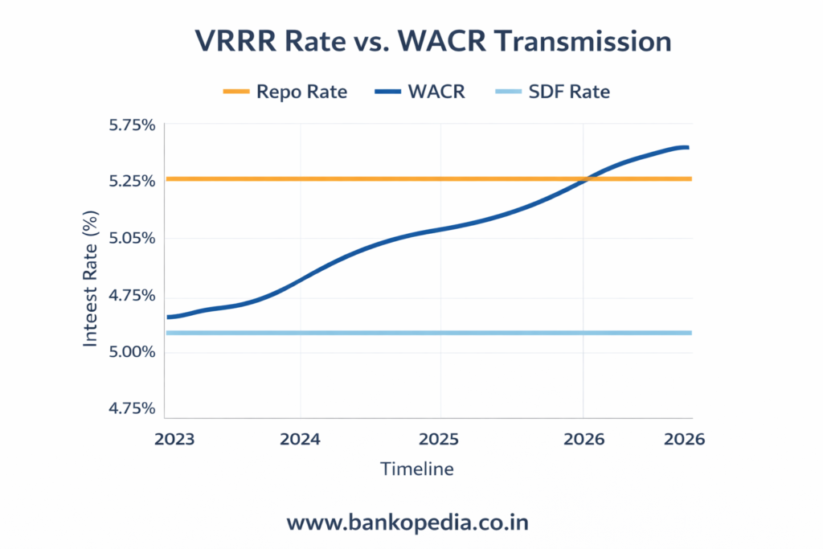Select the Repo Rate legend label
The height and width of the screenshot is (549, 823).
pos(301,92)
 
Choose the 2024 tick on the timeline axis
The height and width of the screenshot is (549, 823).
pos(300,439)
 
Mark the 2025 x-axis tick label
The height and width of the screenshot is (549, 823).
pos(440,439)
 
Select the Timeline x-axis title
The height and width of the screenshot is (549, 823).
pos(416,469)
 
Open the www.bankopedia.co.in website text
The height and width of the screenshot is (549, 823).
pos(407,522)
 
